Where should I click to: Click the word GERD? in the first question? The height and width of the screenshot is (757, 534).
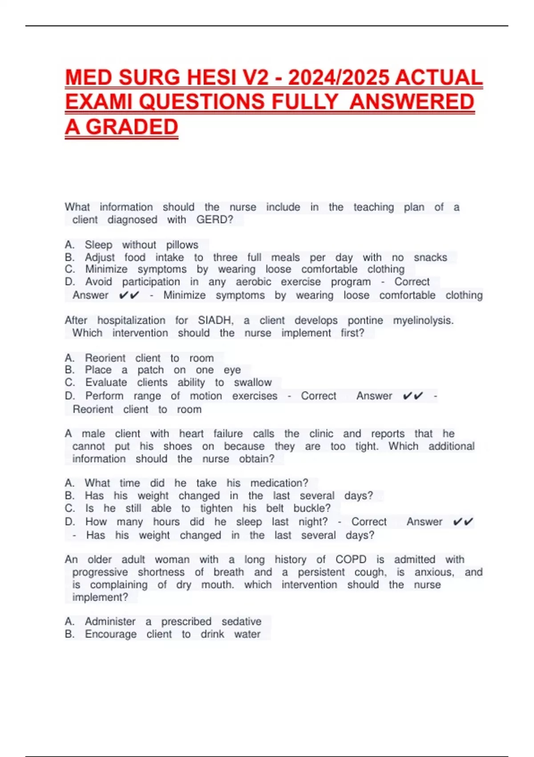(x=215, y=220)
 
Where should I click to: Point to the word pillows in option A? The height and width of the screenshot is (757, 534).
(x=182, y=245)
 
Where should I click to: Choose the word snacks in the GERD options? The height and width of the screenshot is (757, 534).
(x=430, y=257)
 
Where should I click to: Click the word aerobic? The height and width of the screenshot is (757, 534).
(x=253, y=282)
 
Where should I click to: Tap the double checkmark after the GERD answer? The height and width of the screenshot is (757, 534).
(x=129, y=295)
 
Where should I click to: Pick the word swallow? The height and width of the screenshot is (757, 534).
(x=253, y=383)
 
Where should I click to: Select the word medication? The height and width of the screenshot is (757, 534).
(x=279, y=483)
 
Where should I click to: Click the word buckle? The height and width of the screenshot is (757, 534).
(x=312, y=508)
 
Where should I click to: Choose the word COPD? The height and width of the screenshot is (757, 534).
(x=351, y=559)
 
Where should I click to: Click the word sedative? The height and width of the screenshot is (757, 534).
(x=242, y=621)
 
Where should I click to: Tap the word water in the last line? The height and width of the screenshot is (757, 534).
(x=247, y=634)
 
